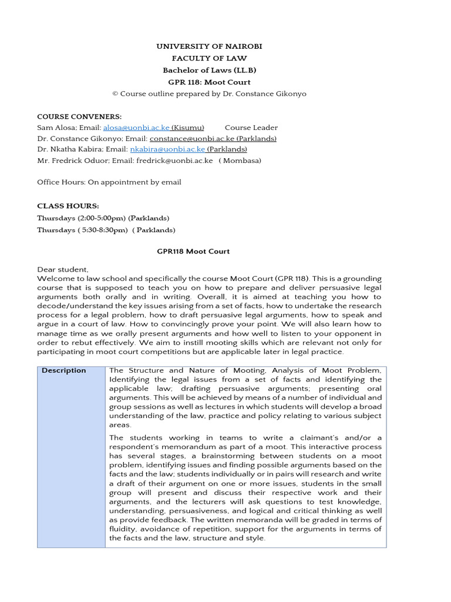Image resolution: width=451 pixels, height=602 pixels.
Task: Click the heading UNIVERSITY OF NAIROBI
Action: (209, 46)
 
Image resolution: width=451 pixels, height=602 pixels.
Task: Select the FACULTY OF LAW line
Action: (209, 58)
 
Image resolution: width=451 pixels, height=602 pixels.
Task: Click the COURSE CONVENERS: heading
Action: (79, 116)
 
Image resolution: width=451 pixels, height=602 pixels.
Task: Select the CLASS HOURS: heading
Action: (68, 206)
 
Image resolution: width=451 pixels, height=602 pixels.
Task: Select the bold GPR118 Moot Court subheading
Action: (193, 251)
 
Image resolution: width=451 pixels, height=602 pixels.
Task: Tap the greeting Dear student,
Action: (63, 269)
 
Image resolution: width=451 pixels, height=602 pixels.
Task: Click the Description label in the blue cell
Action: (63, 370)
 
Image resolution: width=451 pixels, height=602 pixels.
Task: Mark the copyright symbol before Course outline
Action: (115, 93)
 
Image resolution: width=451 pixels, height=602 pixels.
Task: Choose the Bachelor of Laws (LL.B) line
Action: (209, 70)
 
